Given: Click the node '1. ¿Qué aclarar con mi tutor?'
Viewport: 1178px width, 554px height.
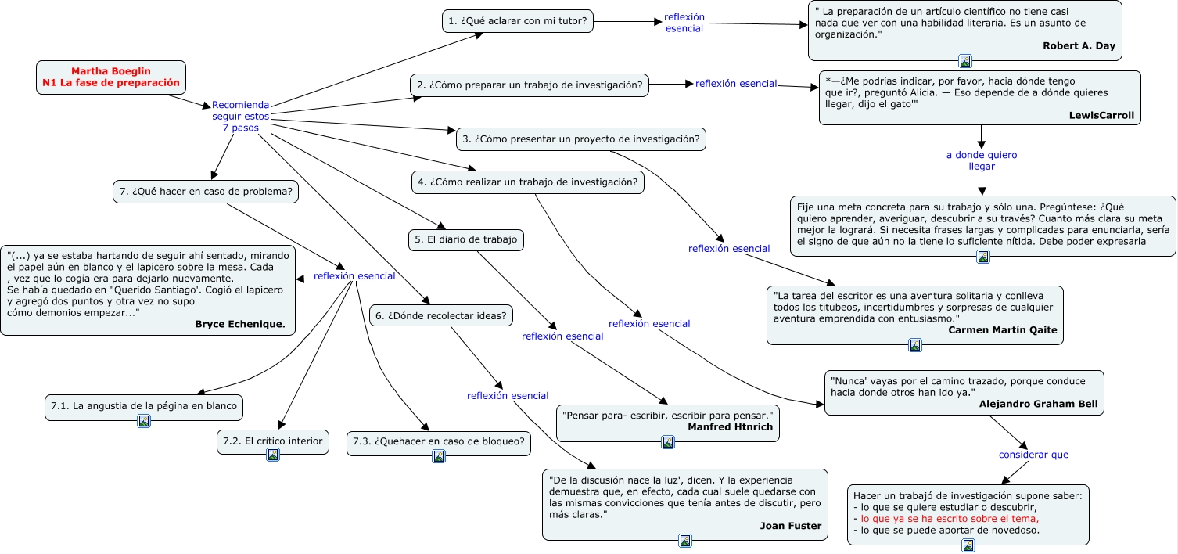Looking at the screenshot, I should (x=518, y=21).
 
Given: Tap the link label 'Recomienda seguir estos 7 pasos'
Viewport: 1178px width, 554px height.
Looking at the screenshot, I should (x=240, y=116).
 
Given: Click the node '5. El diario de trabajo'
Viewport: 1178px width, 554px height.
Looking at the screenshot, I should (x=465, y=240).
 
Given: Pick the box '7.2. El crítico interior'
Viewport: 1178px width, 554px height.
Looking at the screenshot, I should (x=272, y=441).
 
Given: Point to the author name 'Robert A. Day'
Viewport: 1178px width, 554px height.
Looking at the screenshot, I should (x=1079, y=46).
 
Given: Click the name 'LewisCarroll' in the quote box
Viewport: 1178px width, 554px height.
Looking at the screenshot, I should (x=1101, y=115).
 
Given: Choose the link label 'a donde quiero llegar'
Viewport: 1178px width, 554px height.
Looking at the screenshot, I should (x=982, y=160).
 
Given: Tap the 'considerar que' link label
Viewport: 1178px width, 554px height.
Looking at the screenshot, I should (x=1033, y=455).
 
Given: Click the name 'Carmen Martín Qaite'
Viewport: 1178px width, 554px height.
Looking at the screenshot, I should (x=1002, y=330).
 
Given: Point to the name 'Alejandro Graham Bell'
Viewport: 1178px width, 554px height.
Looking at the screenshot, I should (x=1038, y=405).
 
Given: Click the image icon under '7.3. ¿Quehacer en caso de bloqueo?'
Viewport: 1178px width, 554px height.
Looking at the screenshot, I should (x=439, y=456).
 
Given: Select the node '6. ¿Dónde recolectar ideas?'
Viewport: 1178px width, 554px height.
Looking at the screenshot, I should (x=441, y=316).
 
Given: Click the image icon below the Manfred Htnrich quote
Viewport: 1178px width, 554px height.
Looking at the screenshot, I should (x=668, y=442).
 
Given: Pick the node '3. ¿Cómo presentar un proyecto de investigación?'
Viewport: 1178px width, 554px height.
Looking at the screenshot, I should (x=580, y=139).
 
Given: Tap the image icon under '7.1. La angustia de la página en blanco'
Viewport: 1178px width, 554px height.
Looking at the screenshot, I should (x=144, y=421).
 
